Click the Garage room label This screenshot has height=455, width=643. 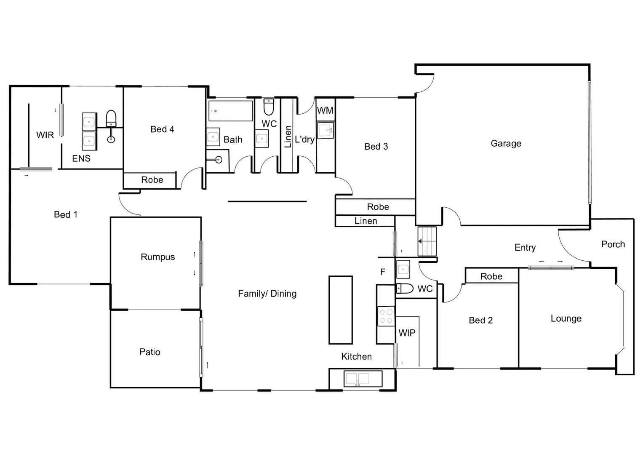coord(506,143)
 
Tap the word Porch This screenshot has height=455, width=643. coord(613,244)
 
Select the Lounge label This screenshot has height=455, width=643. coord(566,318)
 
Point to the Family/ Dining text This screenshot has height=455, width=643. coord(267,294)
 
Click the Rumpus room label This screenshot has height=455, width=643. coord(157,257)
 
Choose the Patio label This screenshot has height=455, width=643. coord(149,352)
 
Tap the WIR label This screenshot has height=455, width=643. coord(45,135)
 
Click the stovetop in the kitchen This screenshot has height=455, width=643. coord(386,316)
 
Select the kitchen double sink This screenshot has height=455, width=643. coord(363,379)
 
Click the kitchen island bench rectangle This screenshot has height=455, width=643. coord(340,310)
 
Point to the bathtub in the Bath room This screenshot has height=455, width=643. coord(230,110)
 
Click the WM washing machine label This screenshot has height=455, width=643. coord(325,110)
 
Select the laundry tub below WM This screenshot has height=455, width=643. coord(325,130)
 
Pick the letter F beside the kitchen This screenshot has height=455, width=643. coord(383,272)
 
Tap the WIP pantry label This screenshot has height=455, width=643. coord(407,333)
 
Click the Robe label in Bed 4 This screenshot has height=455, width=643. coord(152,180)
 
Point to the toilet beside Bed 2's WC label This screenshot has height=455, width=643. coord(405,288)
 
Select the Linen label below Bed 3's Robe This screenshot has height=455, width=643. coord(366,221)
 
